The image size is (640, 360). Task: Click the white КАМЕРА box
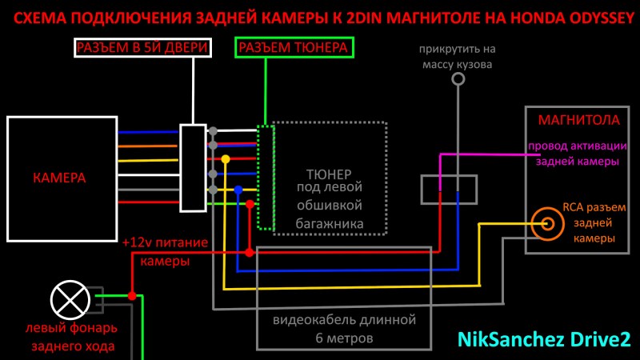61,177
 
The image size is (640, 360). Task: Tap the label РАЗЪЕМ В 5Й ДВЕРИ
142,49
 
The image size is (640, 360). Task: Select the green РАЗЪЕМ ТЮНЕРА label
294,49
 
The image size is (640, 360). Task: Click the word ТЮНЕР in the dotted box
330,173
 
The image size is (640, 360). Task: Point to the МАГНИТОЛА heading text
579,121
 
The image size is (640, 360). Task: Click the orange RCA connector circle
548,223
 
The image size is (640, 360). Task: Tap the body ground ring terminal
458,79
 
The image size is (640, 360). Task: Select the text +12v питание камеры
165,250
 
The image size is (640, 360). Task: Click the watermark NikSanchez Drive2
544,339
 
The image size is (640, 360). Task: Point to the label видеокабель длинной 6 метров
344,329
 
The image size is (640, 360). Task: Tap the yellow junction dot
226,160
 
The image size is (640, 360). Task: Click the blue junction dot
238,190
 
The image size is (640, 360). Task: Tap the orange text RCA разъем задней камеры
594,222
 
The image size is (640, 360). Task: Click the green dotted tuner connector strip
266,177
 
